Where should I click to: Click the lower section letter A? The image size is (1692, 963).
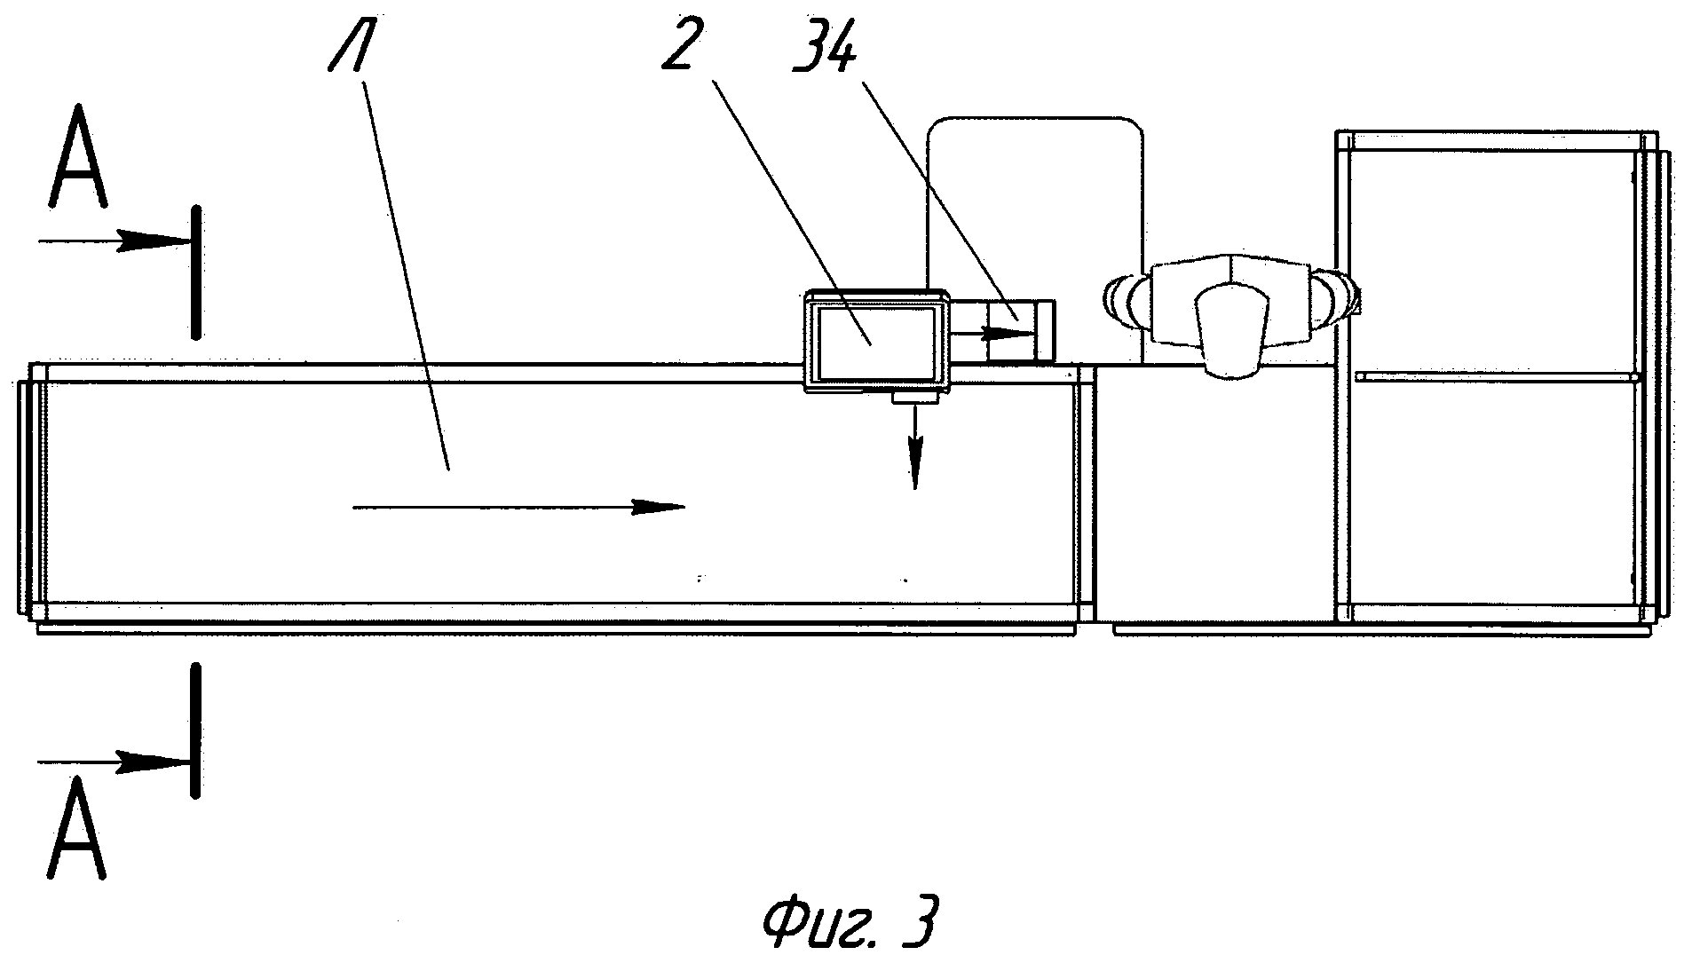tap(78, 827)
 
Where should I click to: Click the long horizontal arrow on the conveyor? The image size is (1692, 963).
tap(519, 508)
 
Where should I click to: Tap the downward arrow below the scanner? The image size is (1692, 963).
tap(914, 453)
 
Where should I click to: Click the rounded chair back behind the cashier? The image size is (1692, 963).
tap(1035, 178)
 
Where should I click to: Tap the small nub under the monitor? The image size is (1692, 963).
tap(914, 399)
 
